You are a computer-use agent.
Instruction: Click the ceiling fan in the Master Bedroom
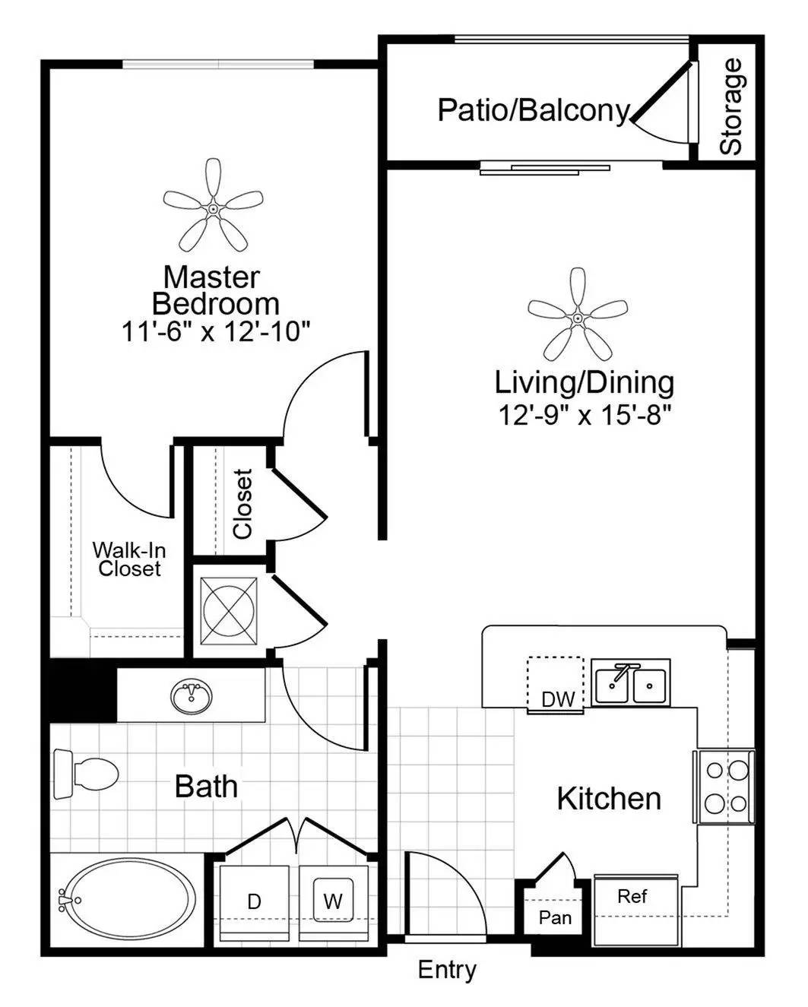point(214,209)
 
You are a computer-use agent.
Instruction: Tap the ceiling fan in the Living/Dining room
point(578,318)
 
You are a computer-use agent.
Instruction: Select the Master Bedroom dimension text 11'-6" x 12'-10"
point(217,332)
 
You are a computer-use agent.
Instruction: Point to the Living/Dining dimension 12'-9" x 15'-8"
point(585,416)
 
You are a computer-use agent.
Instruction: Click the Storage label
point(731,106)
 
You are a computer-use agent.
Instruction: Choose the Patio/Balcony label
point(534,111)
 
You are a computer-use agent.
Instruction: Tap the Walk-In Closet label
point(129,559)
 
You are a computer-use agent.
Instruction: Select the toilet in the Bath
point(87,774)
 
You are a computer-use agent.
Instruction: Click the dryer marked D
point(254,903)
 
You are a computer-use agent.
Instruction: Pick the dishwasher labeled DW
point(556,685)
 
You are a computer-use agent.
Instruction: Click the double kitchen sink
point(631,682)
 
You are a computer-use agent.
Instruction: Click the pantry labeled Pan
point(555,917)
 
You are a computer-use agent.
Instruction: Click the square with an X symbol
point(229,610)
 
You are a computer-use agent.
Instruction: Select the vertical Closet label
point(243,504)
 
